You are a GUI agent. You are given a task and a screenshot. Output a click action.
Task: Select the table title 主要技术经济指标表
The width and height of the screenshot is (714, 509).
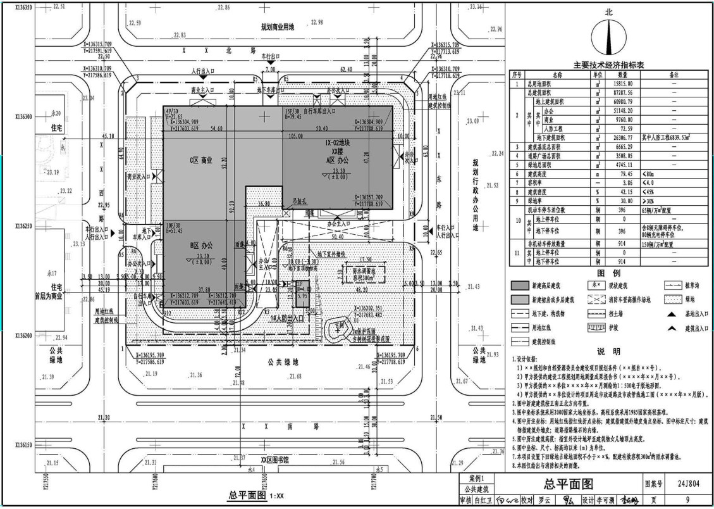(608, 65)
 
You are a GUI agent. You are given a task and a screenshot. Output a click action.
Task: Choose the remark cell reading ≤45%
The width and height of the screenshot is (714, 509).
(651, 191)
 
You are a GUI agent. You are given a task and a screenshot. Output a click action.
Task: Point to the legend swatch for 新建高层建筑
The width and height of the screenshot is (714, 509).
(521, 286)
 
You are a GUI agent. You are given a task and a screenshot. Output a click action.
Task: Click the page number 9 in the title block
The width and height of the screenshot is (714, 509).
(688, 500)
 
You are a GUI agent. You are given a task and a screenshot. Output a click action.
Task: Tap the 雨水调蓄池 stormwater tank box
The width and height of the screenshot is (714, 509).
(362, 272)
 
